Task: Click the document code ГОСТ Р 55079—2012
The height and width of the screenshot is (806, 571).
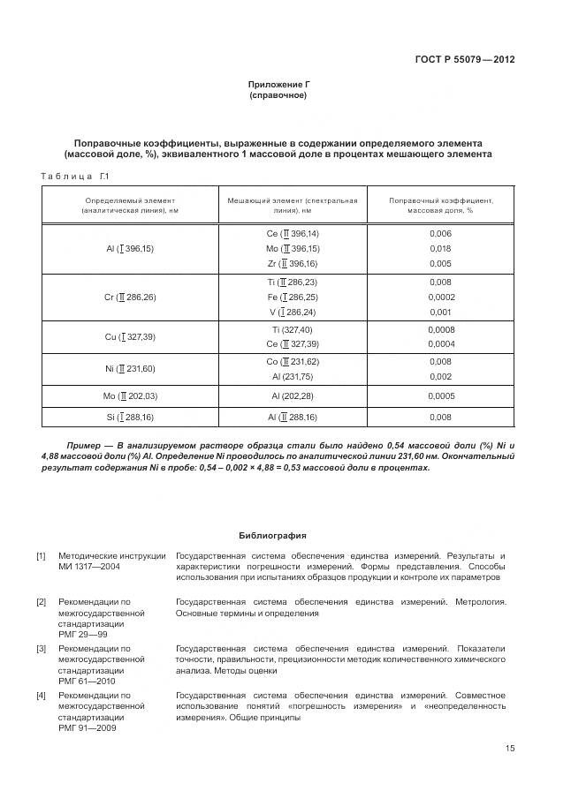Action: tap(464, 60)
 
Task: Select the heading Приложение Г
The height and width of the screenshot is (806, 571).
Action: tap(278, 84)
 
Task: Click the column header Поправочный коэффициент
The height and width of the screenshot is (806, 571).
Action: tap(440, 206)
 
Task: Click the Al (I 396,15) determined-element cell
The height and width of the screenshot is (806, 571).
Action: tap(129, 249)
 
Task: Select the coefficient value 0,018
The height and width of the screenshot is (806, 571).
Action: tap(440, 249)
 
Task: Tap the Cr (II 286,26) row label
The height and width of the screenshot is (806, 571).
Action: tap(129, 298)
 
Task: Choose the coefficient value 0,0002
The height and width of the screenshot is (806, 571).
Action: tap(440, 298)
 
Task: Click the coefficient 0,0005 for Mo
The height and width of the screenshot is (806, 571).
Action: tap(440, 396)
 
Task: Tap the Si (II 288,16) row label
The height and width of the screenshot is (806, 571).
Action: tap(129, 417)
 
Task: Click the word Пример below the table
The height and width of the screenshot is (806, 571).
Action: tap(87, 445)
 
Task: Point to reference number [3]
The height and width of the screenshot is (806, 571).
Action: tap(41, 648)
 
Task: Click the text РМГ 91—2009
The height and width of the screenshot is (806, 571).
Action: tap(88, 727)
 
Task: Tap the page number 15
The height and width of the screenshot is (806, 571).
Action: tap(510, 749)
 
